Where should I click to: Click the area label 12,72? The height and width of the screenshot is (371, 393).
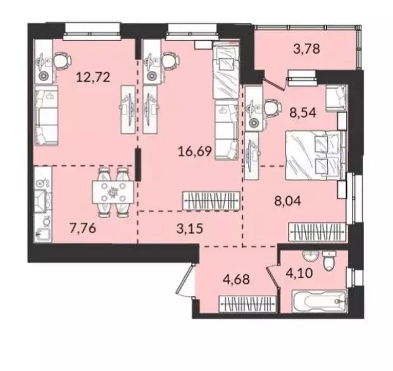(x=90, y=78)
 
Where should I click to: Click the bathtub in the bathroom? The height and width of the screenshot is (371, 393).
(x=316, y=301)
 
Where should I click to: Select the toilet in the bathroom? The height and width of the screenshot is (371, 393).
(x=328, y=260)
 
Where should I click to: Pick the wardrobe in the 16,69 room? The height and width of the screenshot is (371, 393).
(x=211, y=201)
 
